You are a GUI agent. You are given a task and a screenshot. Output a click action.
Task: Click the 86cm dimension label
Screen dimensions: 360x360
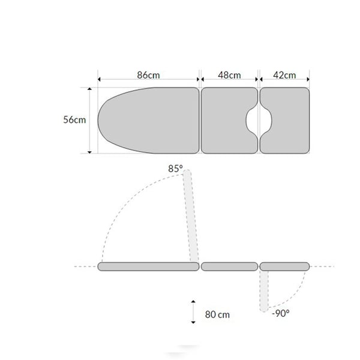tap(148, 75)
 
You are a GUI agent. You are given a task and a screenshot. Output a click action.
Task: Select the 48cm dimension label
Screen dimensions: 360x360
tap(229, 75)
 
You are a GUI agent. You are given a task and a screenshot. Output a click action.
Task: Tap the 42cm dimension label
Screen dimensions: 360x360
tap(284, 75)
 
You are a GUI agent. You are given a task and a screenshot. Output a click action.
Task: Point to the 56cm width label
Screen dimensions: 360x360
tap(74, 119)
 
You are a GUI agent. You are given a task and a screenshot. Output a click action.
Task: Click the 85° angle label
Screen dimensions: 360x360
tap(175, 169)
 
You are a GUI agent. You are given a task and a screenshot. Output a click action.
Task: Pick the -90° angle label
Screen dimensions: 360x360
tap(281, 313)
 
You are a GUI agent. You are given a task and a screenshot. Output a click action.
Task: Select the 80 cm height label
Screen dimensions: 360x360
tap(217, 314)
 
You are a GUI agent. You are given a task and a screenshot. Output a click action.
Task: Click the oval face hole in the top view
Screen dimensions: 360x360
tap(259, 120)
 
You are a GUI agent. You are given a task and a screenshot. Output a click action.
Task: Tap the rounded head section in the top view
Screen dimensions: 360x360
tap(148, 121)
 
